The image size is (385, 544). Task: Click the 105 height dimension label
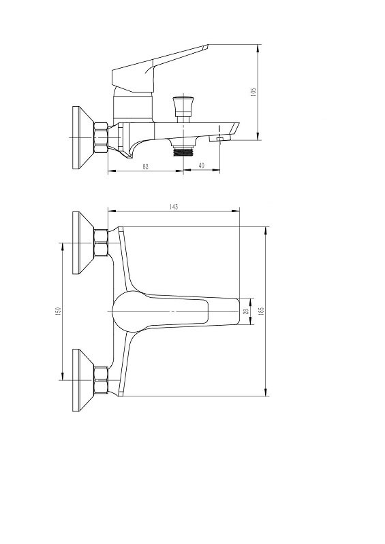click(x=253, y=92)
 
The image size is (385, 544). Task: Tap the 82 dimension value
click(x=146, y=167)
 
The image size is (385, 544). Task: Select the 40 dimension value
click(x=202, y=166)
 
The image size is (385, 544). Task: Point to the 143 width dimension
click(x=174, y=207)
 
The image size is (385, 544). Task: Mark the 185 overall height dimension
click(x=262, y=311)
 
